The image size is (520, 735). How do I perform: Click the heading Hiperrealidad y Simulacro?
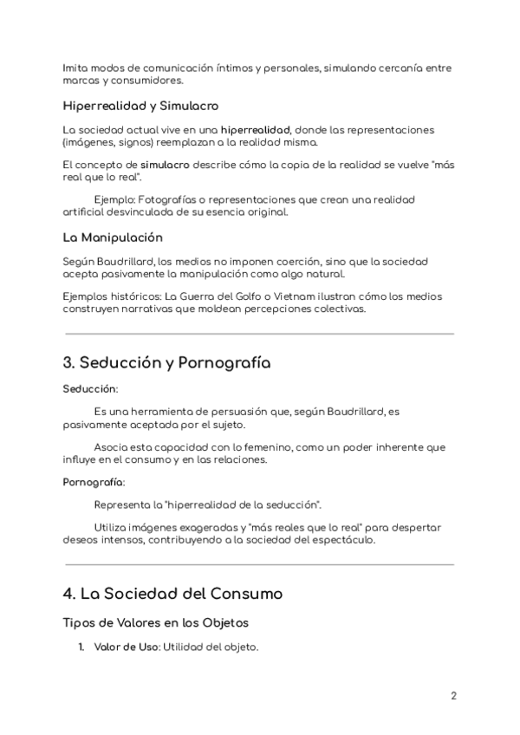tap(140, 106)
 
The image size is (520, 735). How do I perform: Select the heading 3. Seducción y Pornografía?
tap(166, 363)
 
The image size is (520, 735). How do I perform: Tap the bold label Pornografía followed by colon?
tap(94, 481)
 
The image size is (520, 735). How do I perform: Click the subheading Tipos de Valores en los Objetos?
tap(156, 622)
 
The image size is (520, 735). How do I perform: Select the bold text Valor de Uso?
tap(126, 647)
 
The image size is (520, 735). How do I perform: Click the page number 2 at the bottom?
tap(453, 696)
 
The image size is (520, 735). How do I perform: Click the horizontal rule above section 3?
tap(259, 333)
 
